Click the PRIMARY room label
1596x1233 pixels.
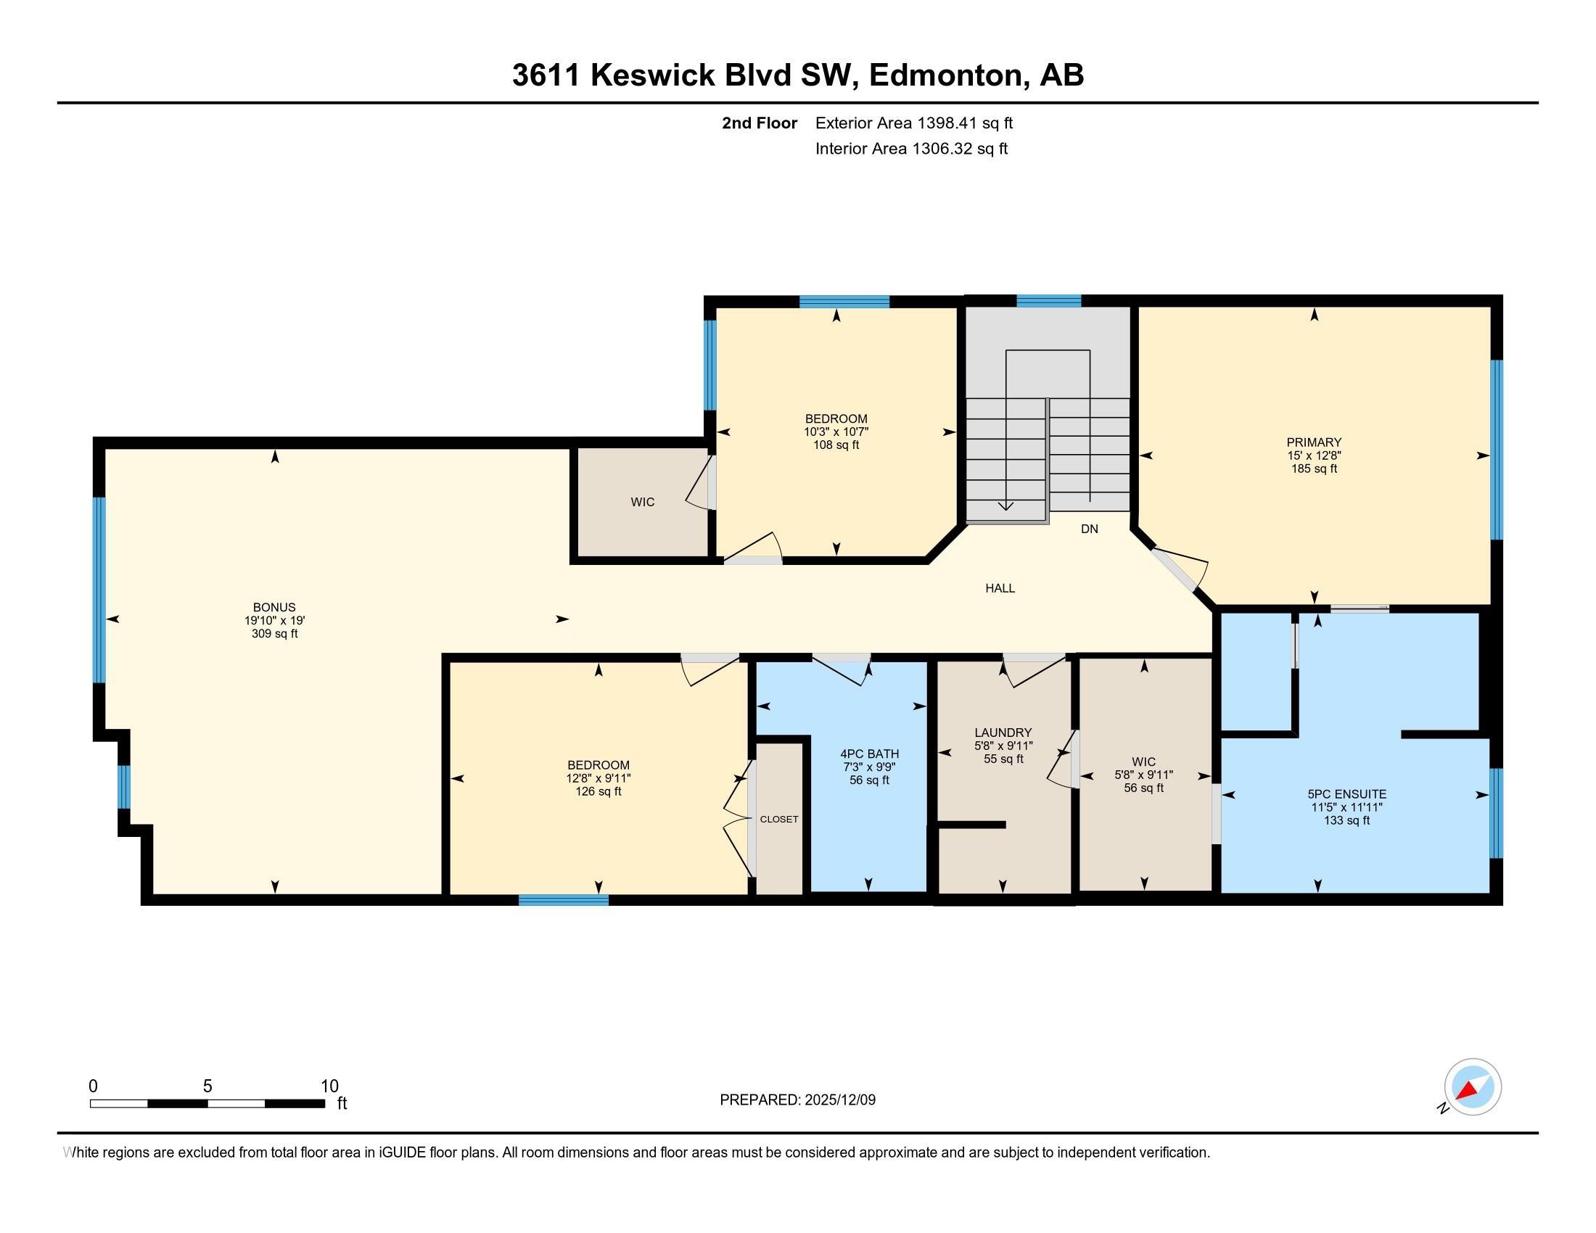[x=1313, y=442]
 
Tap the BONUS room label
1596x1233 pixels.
[x=274, y=607]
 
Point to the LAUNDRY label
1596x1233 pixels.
[x=1003, y=733]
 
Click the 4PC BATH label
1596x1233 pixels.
[x=869, y=754]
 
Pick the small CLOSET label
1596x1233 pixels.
[x=778, y=819]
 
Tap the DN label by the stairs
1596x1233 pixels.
[x=1089, y=529]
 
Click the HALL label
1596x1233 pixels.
[x=1000, y=588]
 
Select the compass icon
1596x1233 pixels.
[x=1472, y=1087]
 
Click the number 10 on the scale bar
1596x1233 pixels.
[x=329, y=1086]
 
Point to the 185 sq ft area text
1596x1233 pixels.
[x=1313, y=469]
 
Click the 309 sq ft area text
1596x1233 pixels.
[x=274, y=634]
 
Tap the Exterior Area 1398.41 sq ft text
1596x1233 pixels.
[x=913, y=123]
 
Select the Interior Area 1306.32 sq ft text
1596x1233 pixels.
[x=911, y=149]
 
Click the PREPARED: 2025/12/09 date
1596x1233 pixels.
[x=797, y=1100]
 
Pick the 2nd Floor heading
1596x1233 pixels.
[x=760, y=123]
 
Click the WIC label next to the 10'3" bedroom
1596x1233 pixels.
[x=642, y=502]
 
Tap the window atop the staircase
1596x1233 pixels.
[x=1048, y=301]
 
